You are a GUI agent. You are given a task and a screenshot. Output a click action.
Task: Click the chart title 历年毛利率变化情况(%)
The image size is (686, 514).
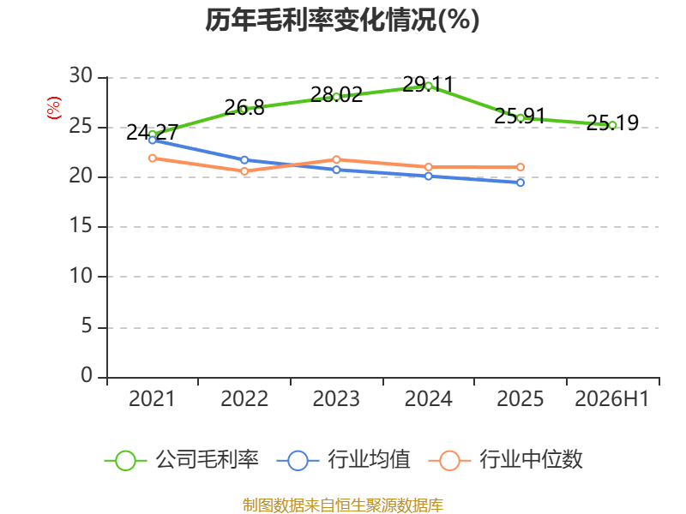click(x=342, y=20)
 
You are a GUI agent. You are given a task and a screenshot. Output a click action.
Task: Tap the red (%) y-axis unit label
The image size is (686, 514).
click(x=54, y=108)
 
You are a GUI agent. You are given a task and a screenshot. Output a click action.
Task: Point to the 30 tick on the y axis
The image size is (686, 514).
click(x=81, y=76)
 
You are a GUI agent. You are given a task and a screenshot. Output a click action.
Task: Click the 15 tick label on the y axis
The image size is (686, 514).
click(x=81, y=226)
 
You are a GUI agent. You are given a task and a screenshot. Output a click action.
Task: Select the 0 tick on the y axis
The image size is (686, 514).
click(x=87, y=375)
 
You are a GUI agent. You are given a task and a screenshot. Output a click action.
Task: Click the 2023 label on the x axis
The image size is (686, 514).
click(x=336, y=398)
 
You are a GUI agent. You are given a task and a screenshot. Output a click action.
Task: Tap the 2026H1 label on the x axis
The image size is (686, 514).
click(x=611, y=398)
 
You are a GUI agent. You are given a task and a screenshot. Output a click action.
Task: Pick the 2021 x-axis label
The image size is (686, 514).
click(x=152, y=398)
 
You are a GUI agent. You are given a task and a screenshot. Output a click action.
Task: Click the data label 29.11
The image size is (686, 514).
click(x=428, y=84)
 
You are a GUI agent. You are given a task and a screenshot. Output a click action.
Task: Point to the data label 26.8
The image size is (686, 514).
click(x=244, y=108)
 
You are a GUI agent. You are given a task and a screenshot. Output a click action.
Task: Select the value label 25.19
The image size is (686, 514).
click(x=612, y=123)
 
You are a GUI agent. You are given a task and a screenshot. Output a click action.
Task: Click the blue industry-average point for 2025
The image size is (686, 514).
click(x=521, y=182)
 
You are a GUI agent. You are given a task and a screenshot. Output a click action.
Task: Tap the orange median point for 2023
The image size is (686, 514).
click(x=336, y=159)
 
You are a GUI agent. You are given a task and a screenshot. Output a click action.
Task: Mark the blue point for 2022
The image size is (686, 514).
click(x=244, y=160)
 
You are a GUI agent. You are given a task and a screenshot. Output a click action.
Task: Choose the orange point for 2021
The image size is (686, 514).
click(x=153, y=158)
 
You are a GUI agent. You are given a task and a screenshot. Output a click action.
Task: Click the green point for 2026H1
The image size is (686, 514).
click(x=612, y=125)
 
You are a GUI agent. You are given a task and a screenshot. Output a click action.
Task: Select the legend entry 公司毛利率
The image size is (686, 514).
click(x=182, y=460)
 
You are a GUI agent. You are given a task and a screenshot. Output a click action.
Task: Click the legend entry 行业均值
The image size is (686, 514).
click(x=344, y=460)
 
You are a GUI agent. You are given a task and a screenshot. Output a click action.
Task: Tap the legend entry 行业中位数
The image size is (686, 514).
click(x=506, y=460)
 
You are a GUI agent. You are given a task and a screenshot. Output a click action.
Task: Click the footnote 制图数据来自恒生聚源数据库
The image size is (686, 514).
click(x=342, y=505)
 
